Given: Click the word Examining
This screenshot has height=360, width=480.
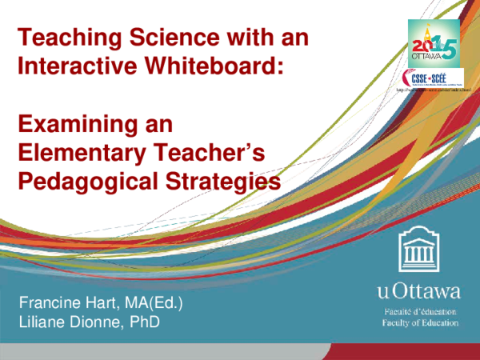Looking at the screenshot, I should [70, 124].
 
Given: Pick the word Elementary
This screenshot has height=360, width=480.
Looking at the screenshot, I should [80, 153].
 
